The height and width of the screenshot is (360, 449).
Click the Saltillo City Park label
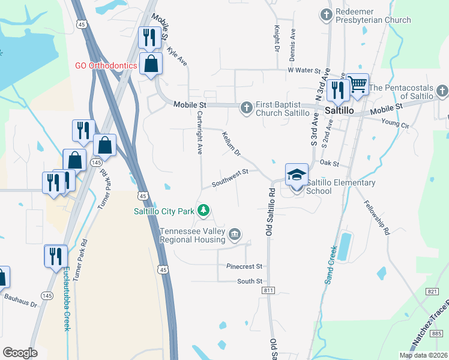[x=164, y=211]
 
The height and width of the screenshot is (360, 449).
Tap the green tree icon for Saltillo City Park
[x=204, y=211]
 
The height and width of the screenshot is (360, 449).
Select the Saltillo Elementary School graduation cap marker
[x=297, y=175]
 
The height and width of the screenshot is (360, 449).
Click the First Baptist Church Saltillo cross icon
[x=246, y=108]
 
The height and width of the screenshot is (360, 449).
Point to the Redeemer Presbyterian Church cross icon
[x=327, y=14]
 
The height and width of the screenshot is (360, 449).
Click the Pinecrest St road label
[x=244, y=266]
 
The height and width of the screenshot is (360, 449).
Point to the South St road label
[x=250, y=281]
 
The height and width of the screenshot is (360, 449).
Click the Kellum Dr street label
[x=231, y=144]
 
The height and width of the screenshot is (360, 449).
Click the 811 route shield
[x=268, y=290]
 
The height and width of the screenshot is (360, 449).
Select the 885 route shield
[x=437, y=333]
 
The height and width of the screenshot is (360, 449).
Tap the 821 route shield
[x=433, y=290]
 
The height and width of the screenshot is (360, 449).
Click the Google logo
[x=20, y=353]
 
